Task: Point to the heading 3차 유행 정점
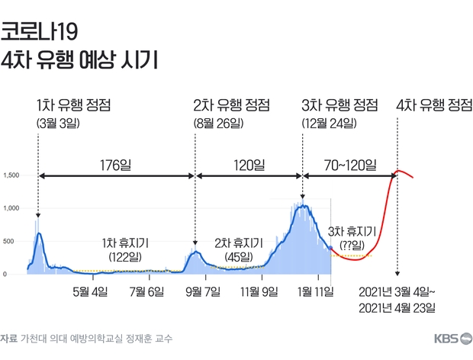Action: [x=339, y=104]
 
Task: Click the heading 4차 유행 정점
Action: [x=434, y=104]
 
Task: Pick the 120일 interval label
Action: [x=249, y=164]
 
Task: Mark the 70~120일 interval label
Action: [x=350, y=164]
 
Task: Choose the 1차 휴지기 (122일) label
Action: [x=125, y=249]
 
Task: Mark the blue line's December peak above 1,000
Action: [x=304, y=205]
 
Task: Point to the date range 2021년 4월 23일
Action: [x=397, y=308]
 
